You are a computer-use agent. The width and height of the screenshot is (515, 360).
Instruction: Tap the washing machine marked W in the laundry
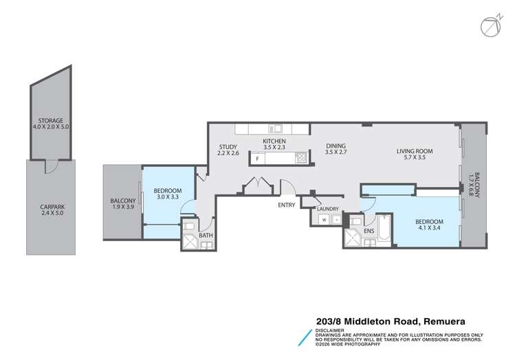pos(323,220)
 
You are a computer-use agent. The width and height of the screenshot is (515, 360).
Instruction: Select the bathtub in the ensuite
pos(382,229)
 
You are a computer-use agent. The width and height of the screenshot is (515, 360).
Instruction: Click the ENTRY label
pos(287,205)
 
